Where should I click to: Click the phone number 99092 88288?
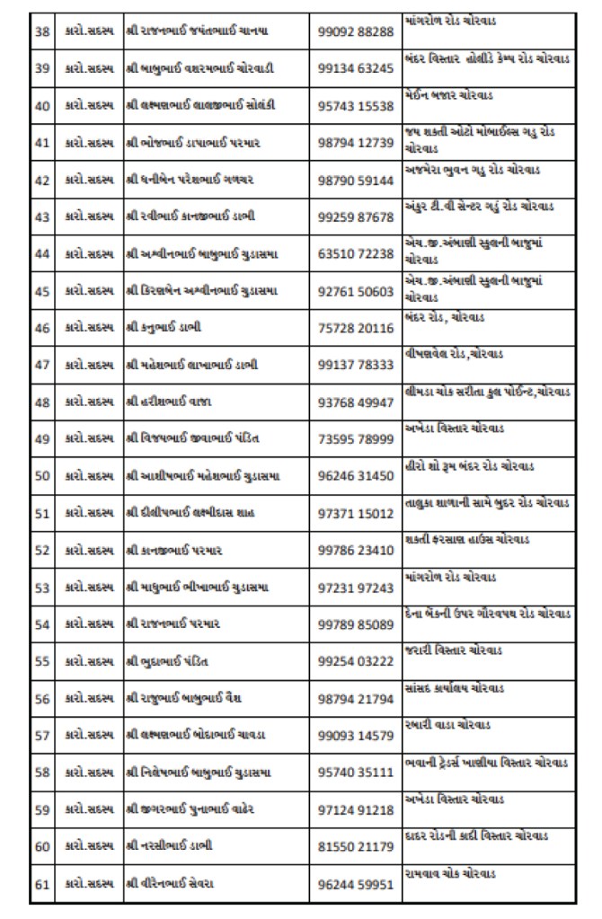(356, 31)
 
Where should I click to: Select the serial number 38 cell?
(41, 31)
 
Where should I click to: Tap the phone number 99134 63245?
(356, 68)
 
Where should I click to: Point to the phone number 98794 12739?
(356, 143)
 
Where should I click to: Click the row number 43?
(41, 216)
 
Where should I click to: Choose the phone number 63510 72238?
(356, 254)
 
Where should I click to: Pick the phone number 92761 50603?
(356, 291)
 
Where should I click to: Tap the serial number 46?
(41, 328)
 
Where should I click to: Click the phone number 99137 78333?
(356, 365)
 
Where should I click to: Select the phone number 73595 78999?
(356, 439)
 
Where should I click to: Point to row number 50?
(41, 476)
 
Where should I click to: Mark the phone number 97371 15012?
(356, 513)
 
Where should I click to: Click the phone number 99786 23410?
(356, 551)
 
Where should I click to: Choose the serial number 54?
(41, 624)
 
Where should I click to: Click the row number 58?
(41, 773)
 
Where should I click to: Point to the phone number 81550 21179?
(356, 847)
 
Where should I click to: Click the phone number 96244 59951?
(356, 885)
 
